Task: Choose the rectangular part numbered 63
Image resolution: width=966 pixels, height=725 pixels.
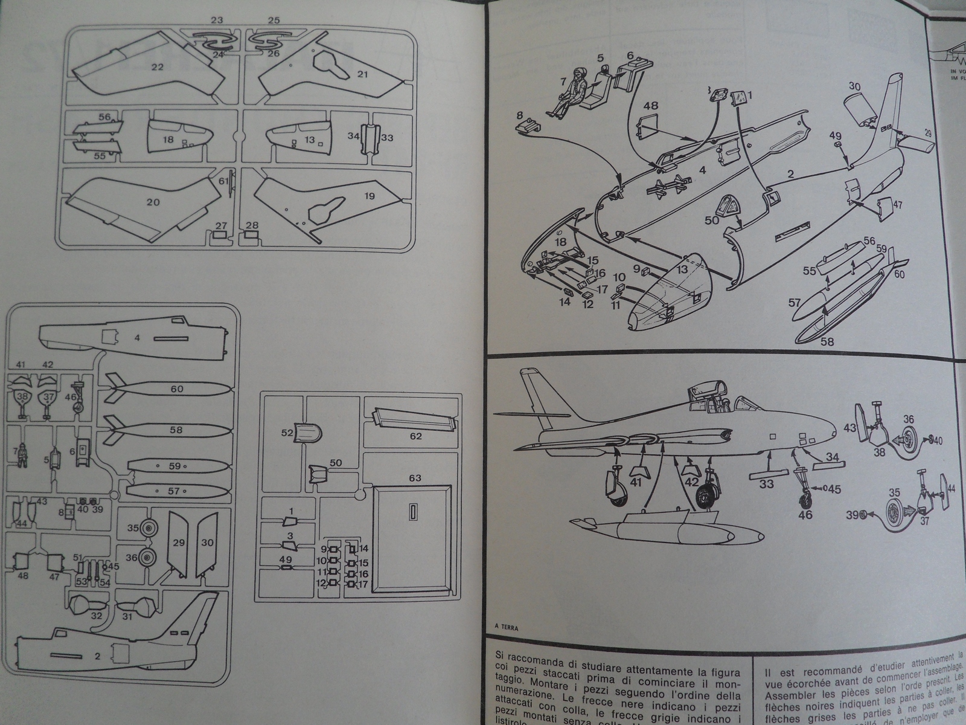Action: (x=412, y=538)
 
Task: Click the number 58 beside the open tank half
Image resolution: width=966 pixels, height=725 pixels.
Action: (x=827, y=342)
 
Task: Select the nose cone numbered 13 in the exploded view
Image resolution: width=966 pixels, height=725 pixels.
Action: (x=670, y=290)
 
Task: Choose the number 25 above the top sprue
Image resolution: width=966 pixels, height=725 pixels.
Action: (x=273, y=20)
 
